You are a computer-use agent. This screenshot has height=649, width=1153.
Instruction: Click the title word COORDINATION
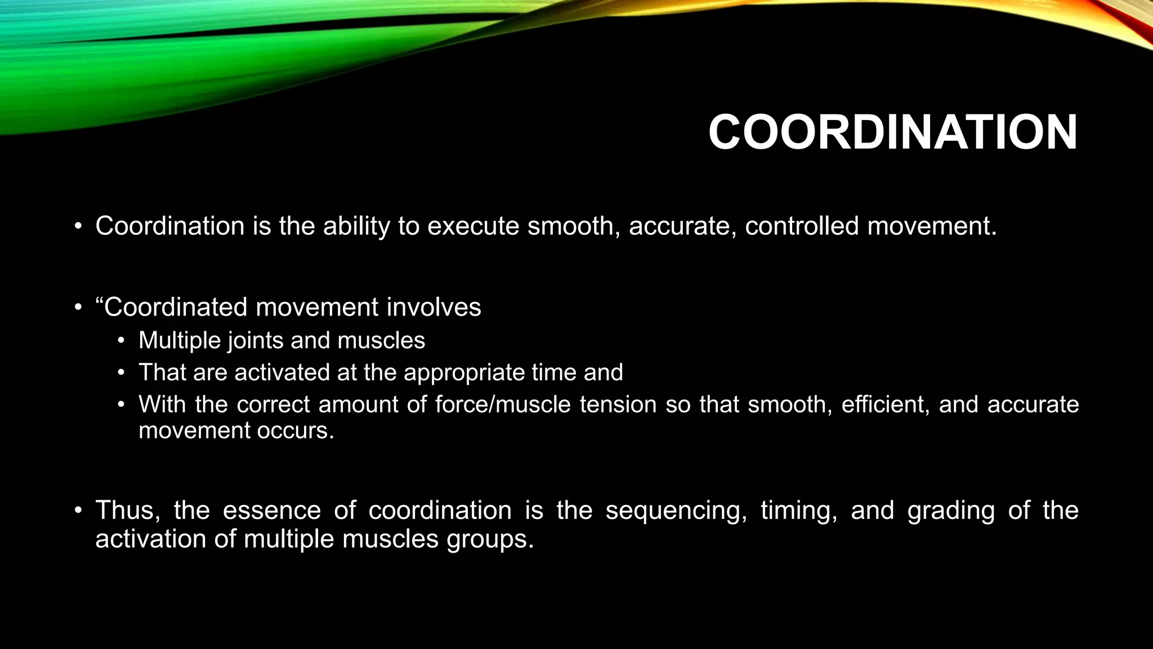click(892, 133)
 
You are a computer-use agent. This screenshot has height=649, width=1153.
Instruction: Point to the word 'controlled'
click(802, 226)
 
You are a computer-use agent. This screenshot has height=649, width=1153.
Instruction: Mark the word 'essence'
click(271, 510)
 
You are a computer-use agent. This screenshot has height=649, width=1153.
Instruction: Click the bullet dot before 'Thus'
click(78, 511)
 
